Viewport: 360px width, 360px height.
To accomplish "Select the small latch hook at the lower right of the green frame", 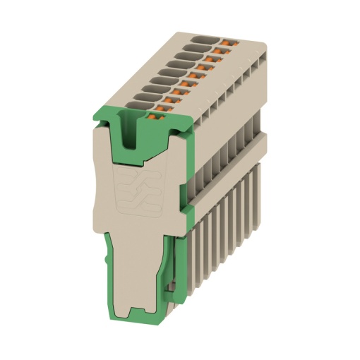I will tap(172, 286).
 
